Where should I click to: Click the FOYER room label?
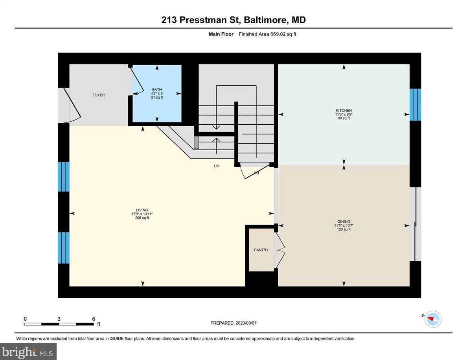click(98, 95)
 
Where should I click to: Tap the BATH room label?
click(157, 90)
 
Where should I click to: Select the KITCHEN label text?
click(343, 111)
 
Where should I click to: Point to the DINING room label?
click(343, 222)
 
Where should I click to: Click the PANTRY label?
click(261, 250)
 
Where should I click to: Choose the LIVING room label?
click(142, 210)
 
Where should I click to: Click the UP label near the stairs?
click(216, 166)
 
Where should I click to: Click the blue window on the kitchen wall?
click(415, 105)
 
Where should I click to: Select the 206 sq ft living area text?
click(142, 218)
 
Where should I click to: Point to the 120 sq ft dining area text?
click(343, 229)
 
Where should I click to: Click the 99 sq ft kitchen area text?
click(343, 118)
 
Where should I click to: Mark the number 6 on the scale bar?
click(93, 319)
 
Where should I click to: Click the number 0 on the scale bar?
click(25, 319)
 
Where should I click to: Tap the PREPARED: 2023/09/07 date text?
click(233, 323)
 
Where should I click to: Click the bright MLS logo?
click(28, 351)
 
